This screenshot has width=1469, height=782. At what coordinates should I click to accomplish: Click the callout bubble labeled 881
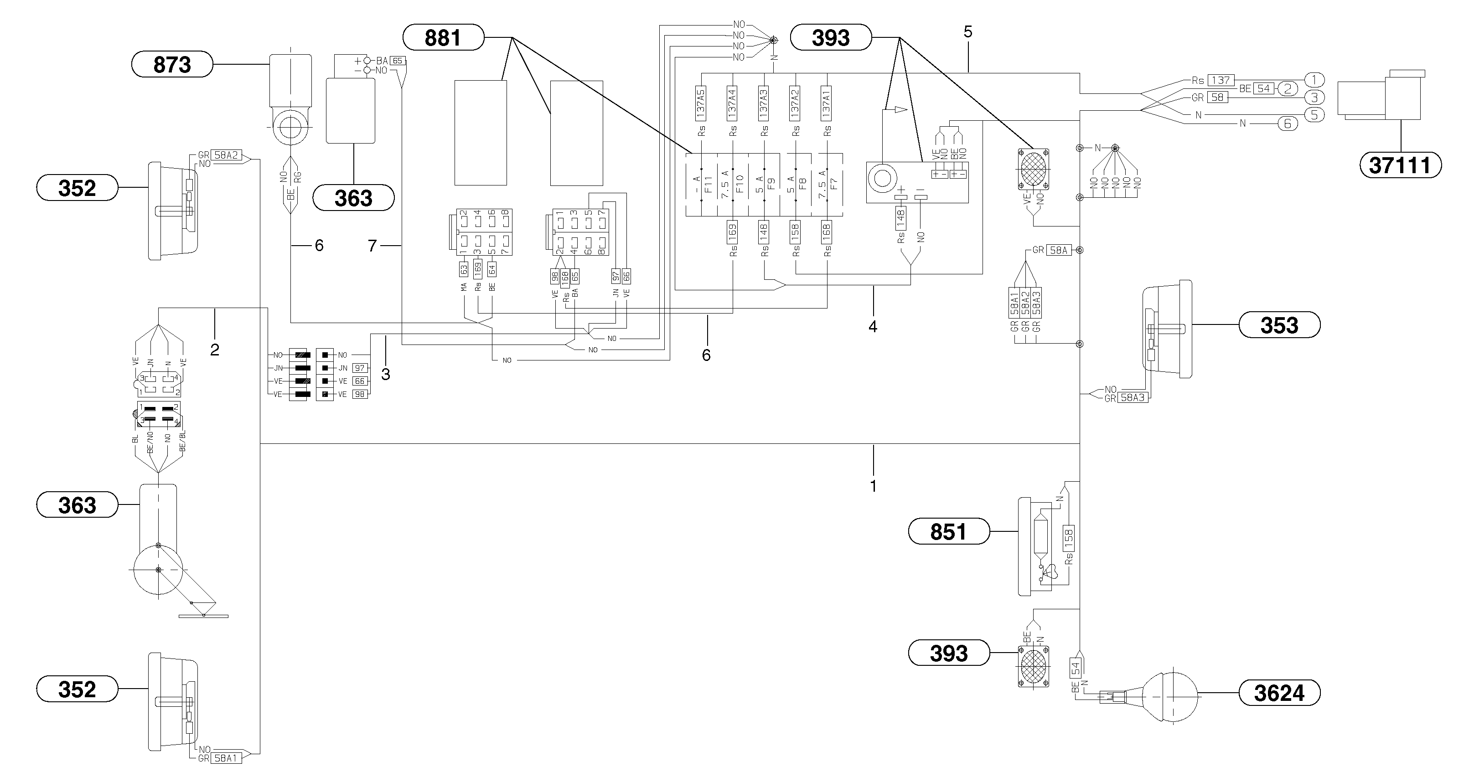point(443,38)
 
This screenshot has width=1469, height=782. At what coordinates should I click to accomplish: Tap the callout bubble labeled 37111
point(1401,165)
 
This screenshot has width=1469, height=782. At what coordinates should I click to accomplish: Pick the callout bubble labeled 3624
point(1279,693)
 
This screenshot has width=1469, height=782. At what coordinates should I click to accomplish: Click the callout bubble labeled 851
point(948,531)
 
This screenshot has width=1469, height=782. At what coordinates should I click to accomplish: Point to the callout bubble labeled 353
point(1279,325)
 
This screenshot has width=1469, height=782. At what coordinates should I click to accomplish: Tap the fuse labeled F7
point(828,185)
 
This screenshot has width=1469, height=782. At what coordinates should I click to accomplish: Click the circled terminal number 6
point(1287,123)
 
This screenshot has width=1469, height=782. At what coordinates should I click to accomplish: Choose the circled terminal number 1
point(1314,80)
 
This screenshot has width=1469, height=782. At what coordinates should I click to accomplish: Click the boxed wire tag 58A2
point(227,154)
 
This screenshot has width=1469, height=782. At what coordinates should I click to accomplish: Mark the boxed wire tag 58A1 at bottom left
point(227,758)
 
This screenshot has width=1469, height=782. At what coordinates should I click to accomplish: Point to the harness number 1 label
point(873,486)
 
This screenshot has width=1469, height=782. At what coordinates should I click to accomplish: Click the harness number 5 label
point(968,32)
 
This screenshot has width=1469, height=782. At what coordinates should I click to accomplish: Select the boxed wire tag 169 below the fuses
point(732,232)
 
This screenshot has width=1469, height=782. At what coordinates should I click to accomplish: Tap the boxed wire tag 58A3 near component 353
point(1132,398)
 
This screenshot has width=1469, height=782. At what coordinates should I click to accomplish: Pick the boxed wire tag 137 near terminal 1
point(1221,80)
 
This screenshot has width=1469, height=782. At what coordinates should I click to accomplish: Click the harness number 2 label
point(214,350)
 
